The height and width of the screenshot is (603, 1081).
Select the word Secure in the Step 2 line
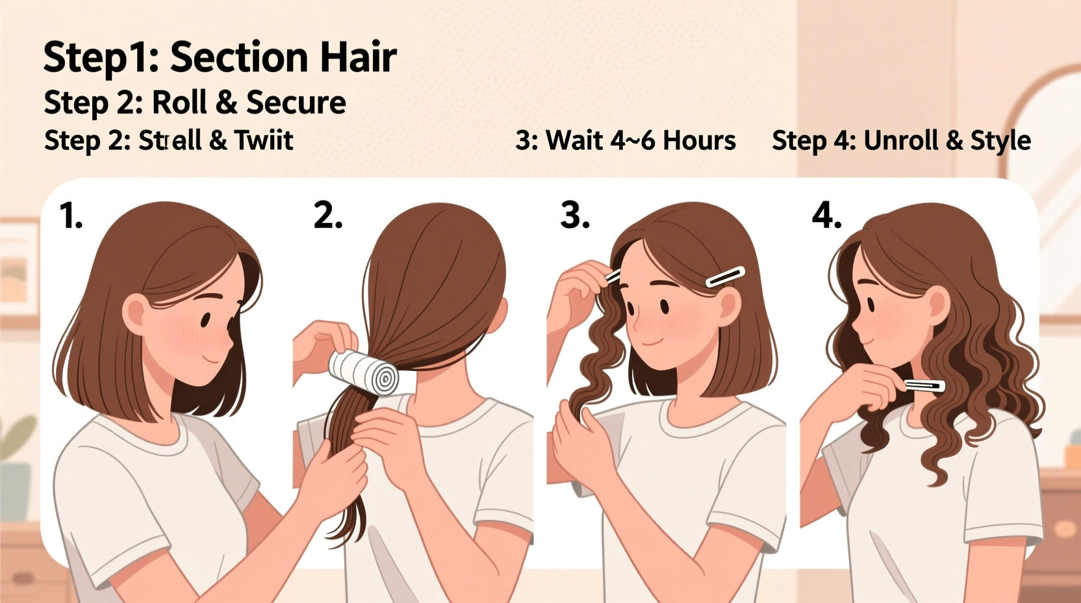(296, 103)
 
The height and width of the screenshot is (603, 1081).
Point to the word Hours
(699, 140)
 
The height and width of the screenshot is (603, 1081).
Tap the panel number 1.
(71, 216)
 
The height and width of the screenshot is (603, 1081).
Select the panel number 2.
(327, 216)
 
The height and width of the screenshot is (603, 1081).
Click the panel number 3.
(575, 216)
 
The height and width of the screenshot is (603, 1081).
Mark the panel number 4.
(826, 216)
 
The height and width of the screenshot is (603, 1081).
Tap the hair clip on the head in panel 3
(725, 276)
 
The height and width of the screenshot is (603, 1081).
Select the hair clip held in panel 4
(924, 386)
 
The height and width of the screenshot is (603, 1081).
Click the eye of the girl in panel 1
(205, 320)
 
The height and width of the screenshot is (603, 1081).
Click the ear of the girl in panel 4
(938, 305)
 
